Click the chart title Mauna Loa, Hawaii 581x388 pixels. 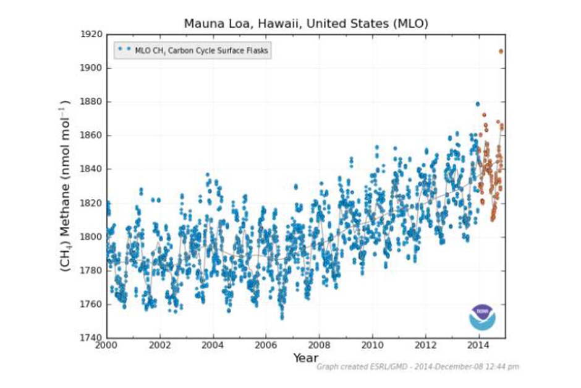[x=306, y=23]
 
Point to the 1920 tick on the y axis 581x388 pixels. [x=90, y=35]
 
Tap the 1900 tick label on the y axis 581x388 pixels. [x=90, y=68]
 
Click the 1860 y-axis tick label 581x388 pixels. [x=90, y=136]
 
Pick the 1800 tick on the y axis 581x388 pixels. [x=90, y=237]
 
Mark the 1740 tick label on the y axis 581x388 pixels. [x=90, y=338]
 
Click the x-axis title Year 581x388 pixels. [x=306, y=358]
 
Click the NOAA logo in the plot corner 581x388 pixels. [x=482, y=316]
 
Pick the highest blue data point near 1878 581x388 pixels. [x=477, y=104]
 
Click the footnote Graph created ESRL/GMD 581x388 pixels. [x=418, y=367]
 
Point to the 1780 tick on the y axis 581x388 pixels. [x=90, y=271]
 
